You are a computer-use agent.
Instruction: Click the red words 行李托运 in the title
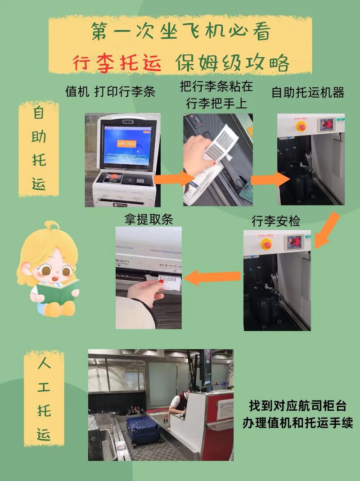pyautogui.click(x=117, y=63)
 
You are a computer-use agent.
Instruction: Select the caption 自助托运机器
pyautogui.click(x=308, y=92)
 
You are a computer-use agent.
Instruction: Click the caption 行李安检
pyautogui.click(x=275, y=221)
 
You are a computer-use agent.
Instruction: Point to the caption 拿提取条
pyautogui.click(x=148, y=219)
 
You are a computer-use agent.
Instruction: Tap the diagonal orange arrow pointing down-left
pyautogui.click(x=327, y=229)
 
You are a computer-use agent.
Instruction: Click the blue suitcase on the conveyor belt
pyautogui.click(x=143, y=429)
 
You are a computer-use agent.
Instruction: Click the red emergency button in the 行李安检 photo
pyautogui.click(x=266, y=244)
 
